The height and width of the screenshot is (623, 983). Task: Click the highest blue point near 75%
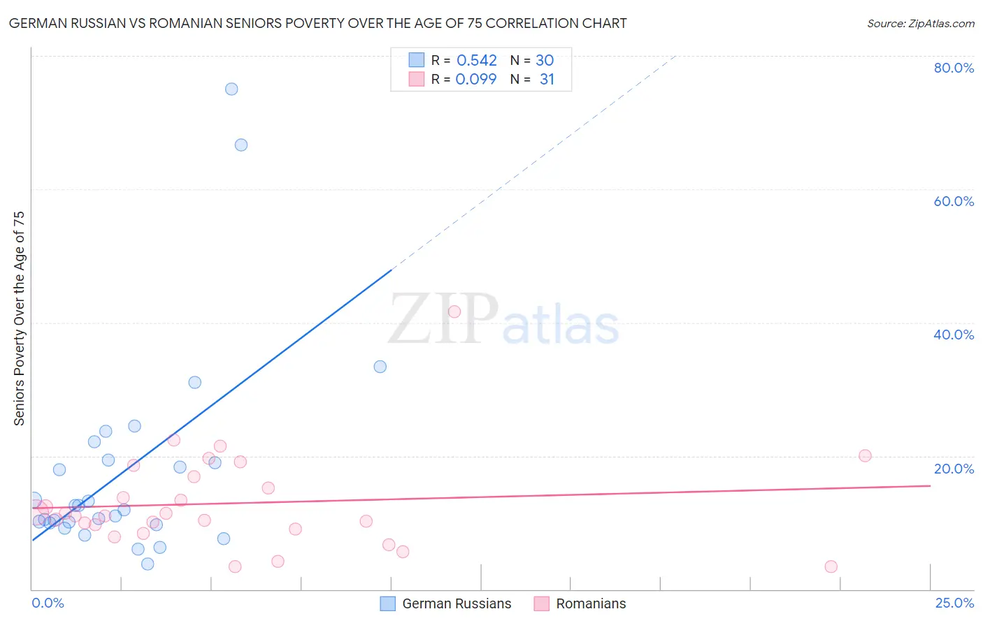tap(231, 89)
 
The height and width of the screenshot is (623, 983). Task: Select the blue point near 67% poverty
tap(241, 145)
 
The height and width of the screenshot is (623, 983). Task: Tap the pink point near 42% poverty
tap(454, 311)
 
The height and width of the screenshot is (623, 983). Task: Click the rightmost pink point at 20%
tap(865, 455)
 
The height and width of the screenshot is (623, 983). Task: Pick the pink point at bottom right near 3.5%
tap(831, 566)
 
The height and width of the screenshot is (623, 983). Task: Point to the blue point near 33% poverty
tap(380, 367)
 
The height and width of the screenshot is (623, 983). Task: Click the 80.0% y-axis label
tap(954, 68)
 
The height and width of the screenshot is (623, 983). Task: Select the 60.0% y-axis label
tap(954, 201)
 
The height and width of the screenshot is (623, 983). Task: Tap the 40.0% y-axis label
tap(954, 335)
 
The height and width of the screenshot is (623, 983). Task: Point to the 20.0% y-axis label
tap(954, 469)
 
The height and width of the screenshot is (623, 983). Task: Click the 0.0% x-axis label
tap(48, 603)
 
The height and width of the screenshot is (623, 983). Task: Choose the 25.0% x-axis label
tap(954, 603)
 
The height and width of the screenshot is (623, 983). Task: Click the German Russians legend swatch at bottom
tap(388, 603)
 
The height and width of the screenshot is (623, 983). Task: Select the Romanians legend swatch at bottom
tap(542, 603)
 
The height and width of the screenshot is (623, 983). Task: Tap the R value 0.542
tap(477, 61)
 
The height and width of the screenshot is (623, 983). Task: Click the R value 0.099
tap(476, 80)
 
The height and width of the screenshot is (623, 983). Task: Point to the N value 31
tap(547, 80)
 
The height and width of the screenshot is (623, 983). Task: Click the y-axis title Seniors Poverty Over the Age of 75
tap(20, 318)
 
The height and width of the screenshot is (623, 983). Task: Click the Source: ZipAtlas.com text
tap(920, 24)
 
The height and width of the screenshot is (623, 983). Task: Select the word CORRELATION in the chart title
tap(531, 23)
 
